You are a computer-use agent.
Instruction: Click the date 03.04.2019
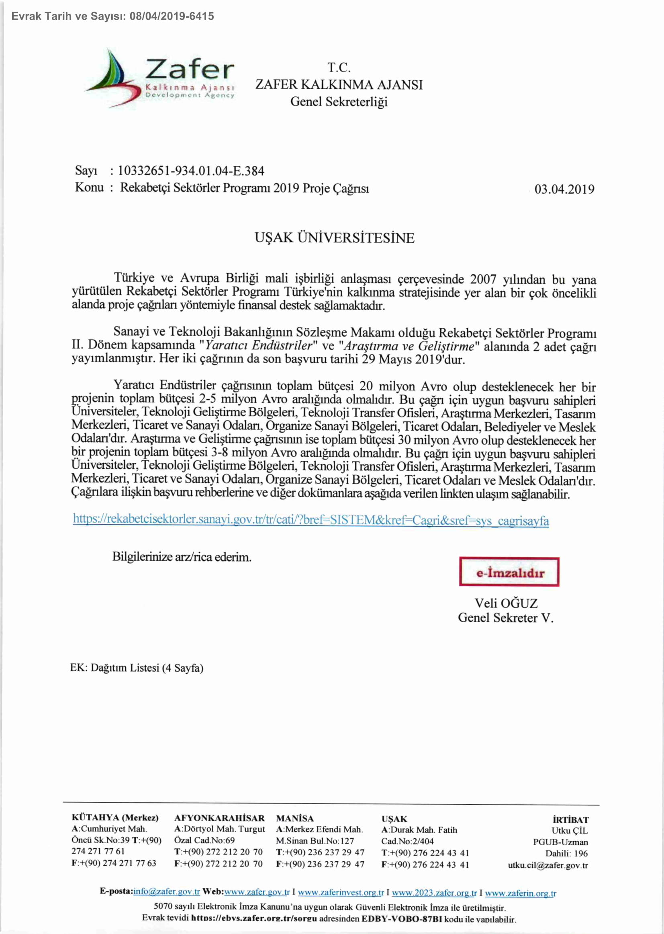click(x=564, y=189)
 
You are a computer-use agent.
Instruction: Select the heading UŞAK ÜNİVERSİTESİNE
click(x=335, y=238)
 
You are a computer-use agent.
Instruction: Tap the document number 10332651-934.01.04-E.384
click(x=191, y=171)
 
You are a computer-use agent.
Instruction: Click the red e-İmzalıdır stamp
click(x=509, y=572)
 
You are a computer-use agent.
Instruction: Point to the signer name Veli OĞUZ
click(x=506, y=603)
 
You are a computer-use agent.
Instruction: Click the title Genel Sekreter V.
click(x=505, y=618)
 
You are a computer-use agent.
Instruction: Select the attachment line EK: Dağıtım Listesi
click(x=137, y=668)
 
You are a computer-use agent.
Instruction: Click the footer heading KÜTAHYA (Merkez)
click(x=115, y=818)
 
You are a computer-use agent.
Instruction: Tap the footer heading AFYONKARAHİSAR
click(x=219, y=818)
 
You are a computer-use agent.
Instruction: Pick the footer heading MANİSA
click(x=295, y=818)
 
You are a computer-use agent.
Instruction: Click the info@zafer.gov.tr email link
click(x=166, y=892)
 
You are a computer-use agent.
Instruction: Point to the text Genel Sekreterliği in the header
click(x=339, y=101)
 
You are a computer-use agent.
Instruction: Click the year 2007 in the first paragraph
click(x=483, y=279)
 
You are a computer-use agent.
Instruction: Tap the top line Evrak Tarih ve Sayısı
click(x=112, y=16)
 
